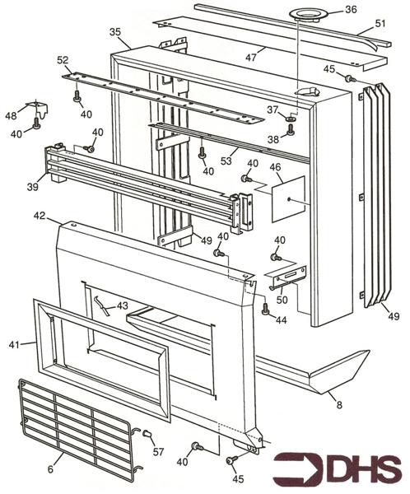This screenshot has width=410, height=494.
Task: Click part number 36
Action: (351, 9)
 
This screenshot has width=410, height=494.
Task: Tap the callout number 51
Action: (380, 23)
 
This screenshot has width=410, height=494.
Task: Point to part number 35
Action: (115, 32)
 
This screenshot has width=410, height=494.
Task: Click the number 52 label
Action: (63, 60)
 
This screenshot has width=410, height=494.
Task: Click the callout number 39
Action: (32, 187)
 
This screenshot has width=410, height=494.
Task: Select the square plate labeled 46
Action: (288, 199)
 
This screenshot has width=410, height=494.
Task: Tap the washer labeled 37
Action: (289, 119)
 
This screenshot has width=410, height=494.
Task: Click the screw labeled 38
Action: (291, 129)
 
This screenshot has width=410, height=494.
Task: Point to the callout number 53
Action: (226, 161)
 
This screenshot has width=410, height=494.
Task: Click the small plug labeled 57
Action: (147, 434)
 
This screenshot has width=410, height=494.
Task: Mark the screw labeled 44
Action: (265, 309)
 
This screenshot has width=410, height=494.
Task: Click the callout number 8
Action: (339, 404)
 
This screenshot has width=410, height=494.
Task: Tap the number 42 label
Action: (40, 216)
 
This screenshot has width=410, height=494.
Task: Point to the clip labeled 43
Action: (102, 305)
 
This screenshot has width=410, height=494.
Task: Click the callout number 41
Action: (14, 345)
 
